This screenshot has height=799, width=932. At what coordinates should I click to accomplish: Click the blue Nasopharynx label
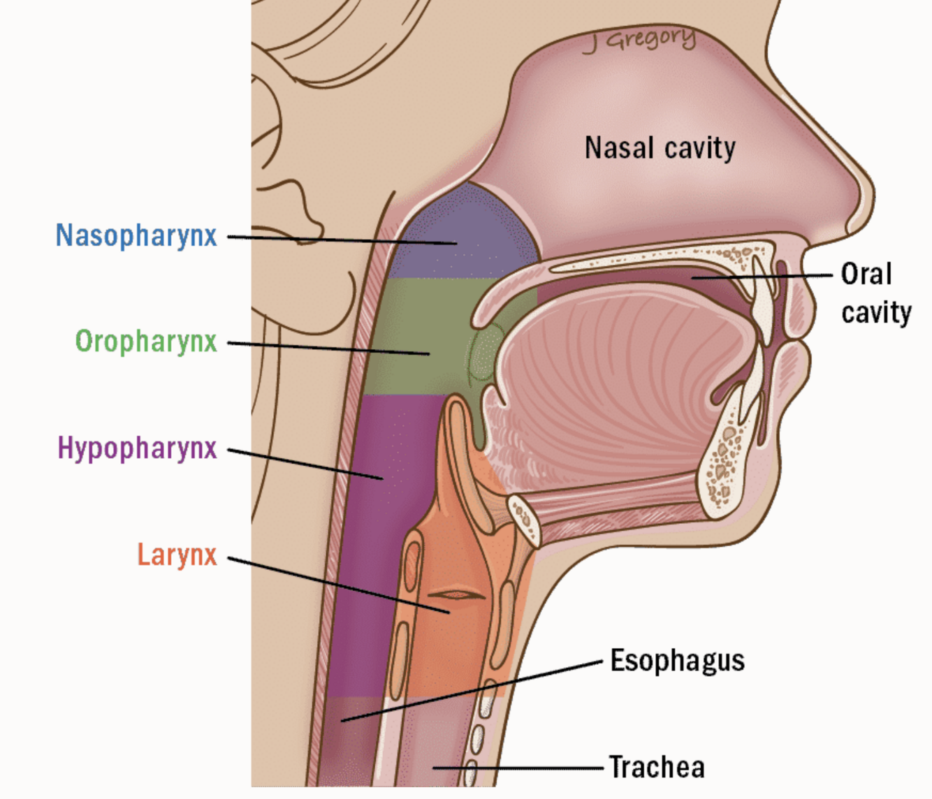click(x=136, y=235)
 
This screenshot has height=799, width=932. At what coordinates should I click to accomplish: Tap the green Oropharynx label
click(x=146, y=342)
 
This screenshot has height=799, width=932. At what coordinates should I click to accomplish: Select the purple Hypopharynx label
click(x=137, y=448)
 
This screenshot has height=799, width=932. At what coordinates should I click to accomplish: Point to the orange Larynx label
click(x=177, y=555)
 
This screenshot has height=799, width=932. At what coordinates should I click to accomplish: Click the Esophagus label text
click(x=677, y=660)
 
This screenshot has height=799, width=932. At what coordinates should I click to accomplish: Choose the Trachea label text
click(x=657, y=767)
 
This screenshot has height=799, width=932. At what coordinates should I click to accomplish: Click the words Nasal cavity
click(x=660, y=148)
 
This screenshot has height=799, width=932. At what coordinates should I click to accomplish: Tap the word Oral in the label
click(x=866, y=274)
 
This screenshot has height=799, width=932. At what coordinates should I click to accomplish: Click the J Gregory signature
click(x=640, y=41)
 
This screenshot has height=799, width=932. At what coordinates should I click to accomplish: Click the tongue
click(x=615, y=384)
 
